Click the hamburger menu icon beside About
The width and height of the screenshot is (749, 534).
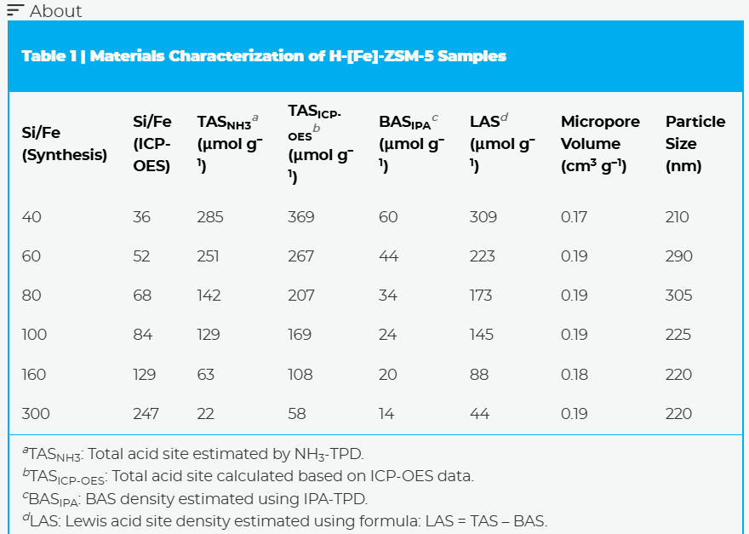click(x=15, y=10)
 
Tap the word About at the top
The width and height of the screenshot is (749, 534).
click(x=56, y=11)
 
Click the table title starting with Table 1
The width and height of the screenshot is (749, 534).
click(x=264, y=56)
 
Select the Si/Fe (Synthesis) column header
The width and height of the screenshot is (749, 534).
click(x=64, y=144)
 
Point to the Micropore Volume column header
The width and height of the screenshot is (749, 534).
click(x=600, y=144)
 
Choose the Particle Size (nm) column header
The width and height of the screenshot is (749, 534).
click(x=695, y=144)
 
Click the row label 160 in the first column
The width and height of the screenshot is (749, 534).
click(x=36, y=375)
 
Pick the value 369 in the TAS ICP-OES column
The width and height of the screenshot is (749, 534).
click(x=301, y=217)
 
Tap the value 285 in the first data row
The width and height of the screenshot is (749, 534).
click(x=210, y=217)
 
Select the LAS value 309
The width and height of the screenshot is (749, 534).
click(x=483, y=217)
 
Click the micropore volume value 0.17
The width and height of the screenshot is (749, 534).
click(x=575, y=217)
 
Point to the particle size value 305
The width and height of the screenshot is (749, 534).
click(x=679, y=296)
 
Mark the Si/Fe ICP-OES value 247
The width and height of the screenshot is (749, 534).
click(x=146, y=414)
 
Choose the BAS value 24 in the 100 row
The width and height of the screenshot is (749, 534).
click(x=388, y=335)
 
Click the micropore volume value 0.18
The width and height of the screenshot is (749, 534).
click(x=575, y=375)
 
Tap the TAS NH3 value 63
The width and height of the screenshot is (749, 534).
click(x=206, y=375)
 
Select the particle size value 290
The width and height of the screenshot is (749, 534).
click(x=679, y=256)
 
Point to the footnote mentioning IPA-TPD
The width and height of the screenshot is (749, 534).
click(x=195, y=498)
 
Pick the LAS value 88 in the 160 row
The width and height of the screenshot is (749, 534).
click(x=479, y=375)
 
